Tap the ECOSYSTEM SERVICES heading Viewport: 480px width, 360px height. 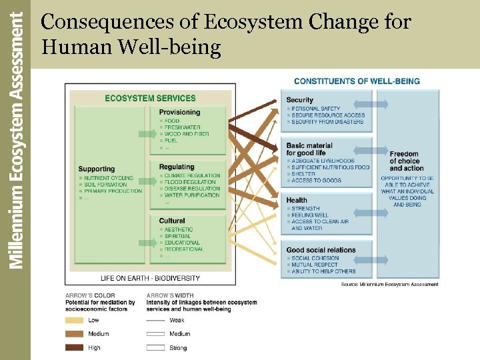pyautogui.click(x=150, y=98)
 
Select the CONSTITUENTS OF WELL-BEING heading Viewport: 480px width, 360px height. pyautogui.click(x=357, y=81)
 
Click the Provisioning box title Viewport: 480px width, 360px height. pyautogui.click(x=179, y=112)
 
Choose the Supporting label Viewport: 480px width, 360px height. pyautogui.click(x=96, y=169)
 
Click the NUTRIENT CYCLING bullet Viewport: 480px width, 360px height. pyautogui.click(x=108, y=178)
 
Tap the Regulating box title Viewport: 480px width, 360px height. pyautogui.click(x=177, y=167)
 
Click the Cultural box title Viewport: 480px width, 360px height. pyautogui.click(x=172, y=221)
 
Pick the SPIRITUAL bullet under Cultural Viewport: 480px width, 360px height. pyautogui.click(x=179, y=236)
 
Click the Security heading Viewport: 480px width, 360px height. pyautogui.click(x=299, y=100)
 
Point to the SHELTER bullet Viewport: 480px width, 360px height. pyautogui.click(x=304, y=174)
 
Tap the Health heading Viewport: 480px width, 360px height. pyautogui.click(x=297, y=200)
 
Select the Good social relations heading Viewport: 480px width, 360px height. pyautogui.click(x=321, y=250)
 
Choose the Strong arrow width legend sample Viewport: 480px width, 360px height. pyautogui.click(x=155, y=347)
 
